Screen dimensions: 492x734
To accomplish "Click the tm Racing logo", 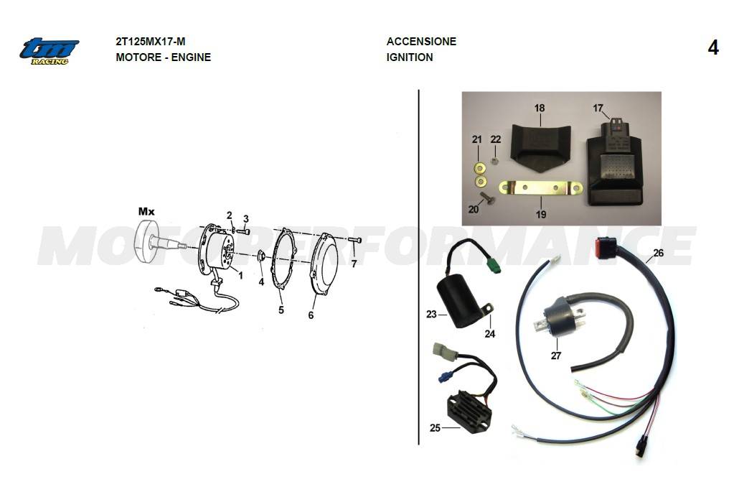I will pyautogui.click(x=49, y=51).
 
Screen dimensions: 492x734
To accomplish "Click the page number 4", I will pyautogui.click(x=712, y=48).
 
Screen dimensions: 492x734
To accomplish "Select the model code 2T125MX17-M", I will pyautogui.click(x=150, y=42).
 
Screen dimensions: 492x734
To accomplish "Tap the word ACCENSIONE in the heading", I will pyautogui.click(x=421, y=42).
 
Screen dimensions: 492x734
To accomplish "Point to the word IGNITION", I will pyautogui.click(x=410, y=57).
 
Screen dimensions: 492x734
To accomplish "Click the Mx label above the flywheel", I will pyautogui.click(x=146, y=211).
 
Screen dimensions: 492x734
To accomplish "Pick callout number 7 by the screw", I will pyautogui.click(x=353, y=264).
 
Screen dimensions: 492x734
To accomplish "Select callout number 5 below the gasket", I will pyautogui.click(x=281, y=310).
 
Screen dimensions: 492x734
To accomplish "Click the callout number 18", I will pyautogui.click(x=540, y=108).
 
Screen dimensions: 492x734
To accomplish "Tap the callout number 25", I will pyautogui.click(x=435, y=428).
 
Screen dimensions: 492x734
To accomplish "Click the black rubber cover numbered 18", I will pyautogui.click(x=540, y=144).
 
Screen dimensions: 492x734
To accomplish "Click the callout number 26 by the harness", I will pyautogui.click(x=659, y=253).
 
